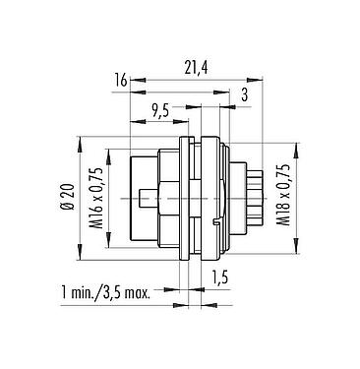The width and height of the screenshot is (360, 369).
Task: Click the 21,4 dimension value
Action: point(196,68)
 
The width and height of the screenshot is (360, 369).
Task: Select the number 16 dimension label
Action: point(120,81)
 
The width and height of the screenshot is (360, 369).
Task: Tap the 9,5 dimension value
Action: point(160,111)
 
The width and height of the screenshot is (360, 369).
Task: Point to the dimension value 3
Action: point(244,95)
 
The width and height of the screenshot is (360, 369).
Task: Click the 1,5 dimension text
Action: point(218,278)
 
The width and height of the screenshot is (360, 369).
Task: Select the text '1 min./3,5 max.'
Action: point(106,292)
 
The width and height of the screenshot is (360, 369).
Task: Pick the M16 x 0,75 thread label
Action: point(96,198)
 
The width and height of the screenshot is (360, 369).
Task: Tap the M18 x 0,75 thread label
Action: point(283,195)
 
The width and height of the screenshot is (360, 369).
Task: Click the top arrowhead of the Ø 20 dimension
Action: point(80,144)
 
